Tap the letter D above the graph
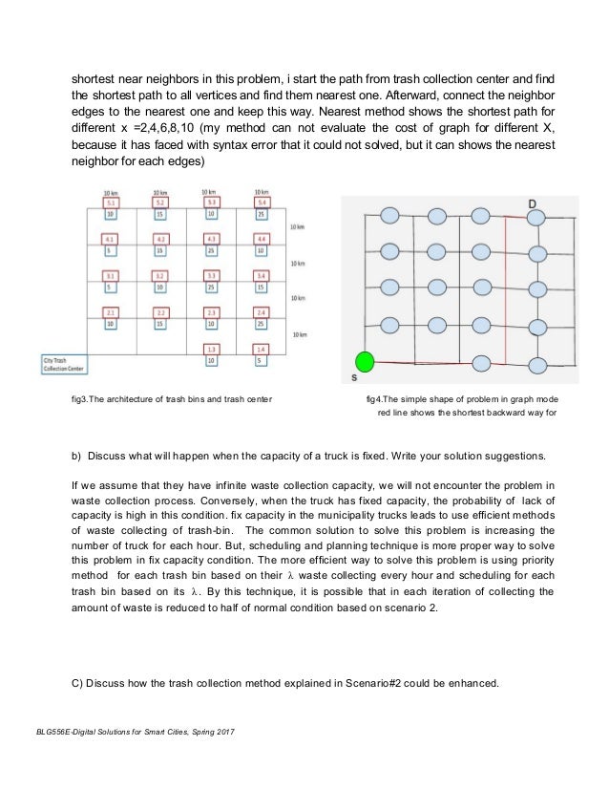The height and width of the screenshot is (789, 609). tap(531, 203)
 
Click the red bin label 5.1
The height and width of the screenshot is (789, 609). tap(111, 203)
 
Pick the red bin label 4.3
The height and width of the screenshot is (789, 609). tap(212, 239)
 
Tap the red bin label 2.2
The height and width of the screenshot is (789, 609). tap(161, 312)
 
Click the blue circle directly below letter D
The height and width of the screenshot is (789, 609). tap(536, 218)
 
